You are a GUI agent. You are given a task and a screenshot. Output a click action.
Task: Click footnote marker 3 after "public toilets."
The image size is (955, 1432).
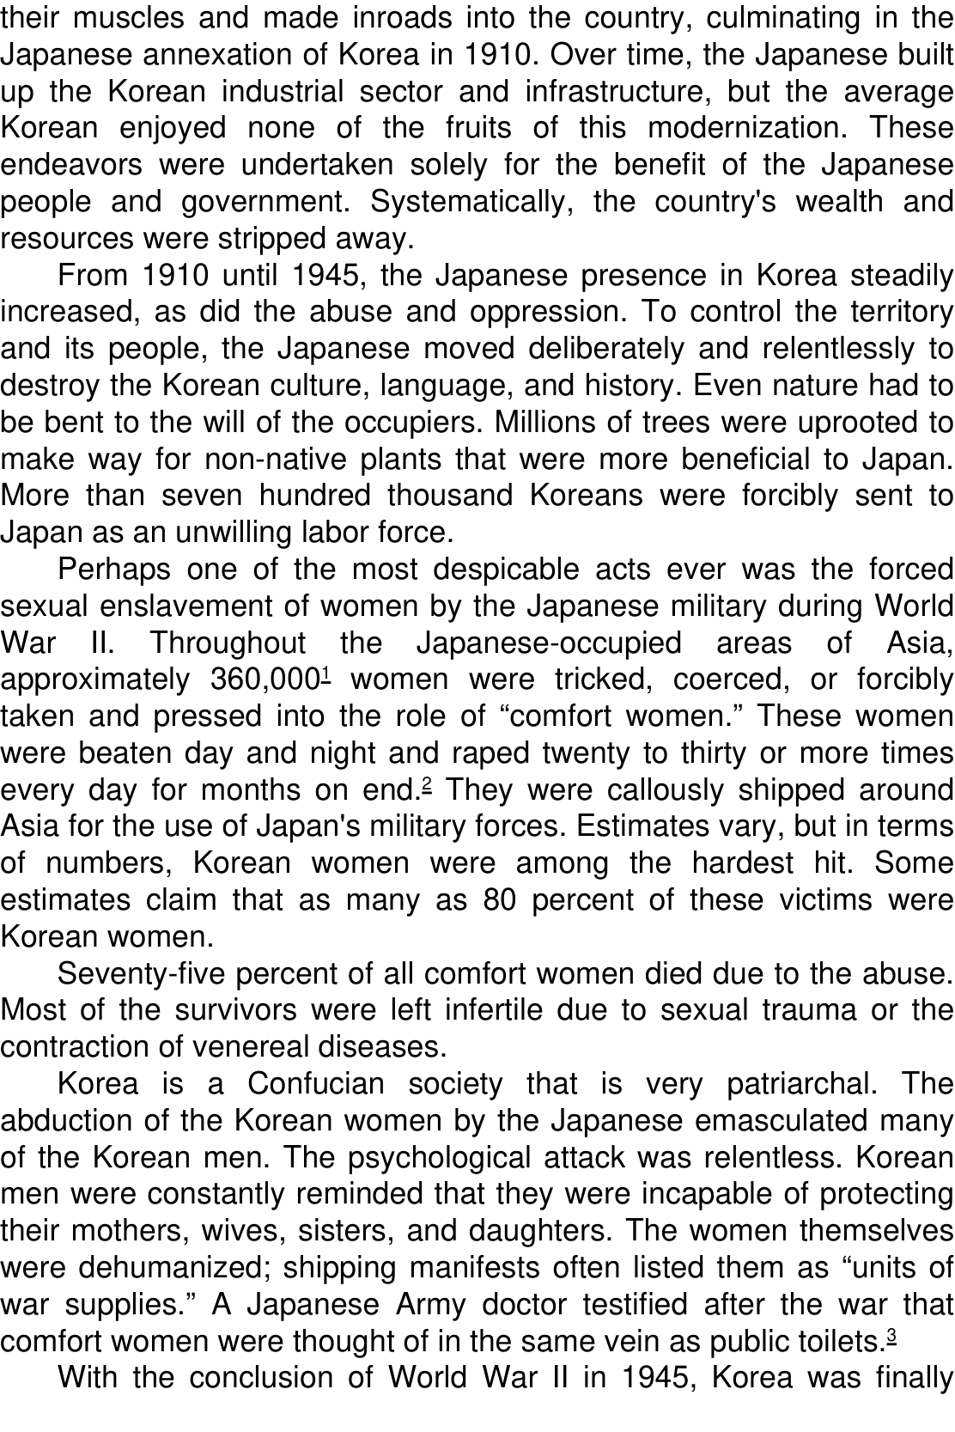tap(891, 1334)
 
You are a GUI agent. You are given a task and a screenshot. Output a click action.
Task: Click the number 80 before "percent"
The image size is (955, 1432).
tap(499, 900)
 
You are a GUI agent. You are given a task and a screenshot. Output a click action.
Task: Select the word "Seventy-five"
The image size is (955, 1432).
tap(142, 974)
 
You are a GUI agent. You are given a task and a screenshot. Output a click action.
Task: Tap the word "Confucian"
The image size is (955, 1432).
tap(316, 1084)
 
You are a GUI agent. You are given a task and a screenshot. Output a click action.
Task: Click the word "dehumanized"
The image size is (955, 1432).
tap(173, 1268)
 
